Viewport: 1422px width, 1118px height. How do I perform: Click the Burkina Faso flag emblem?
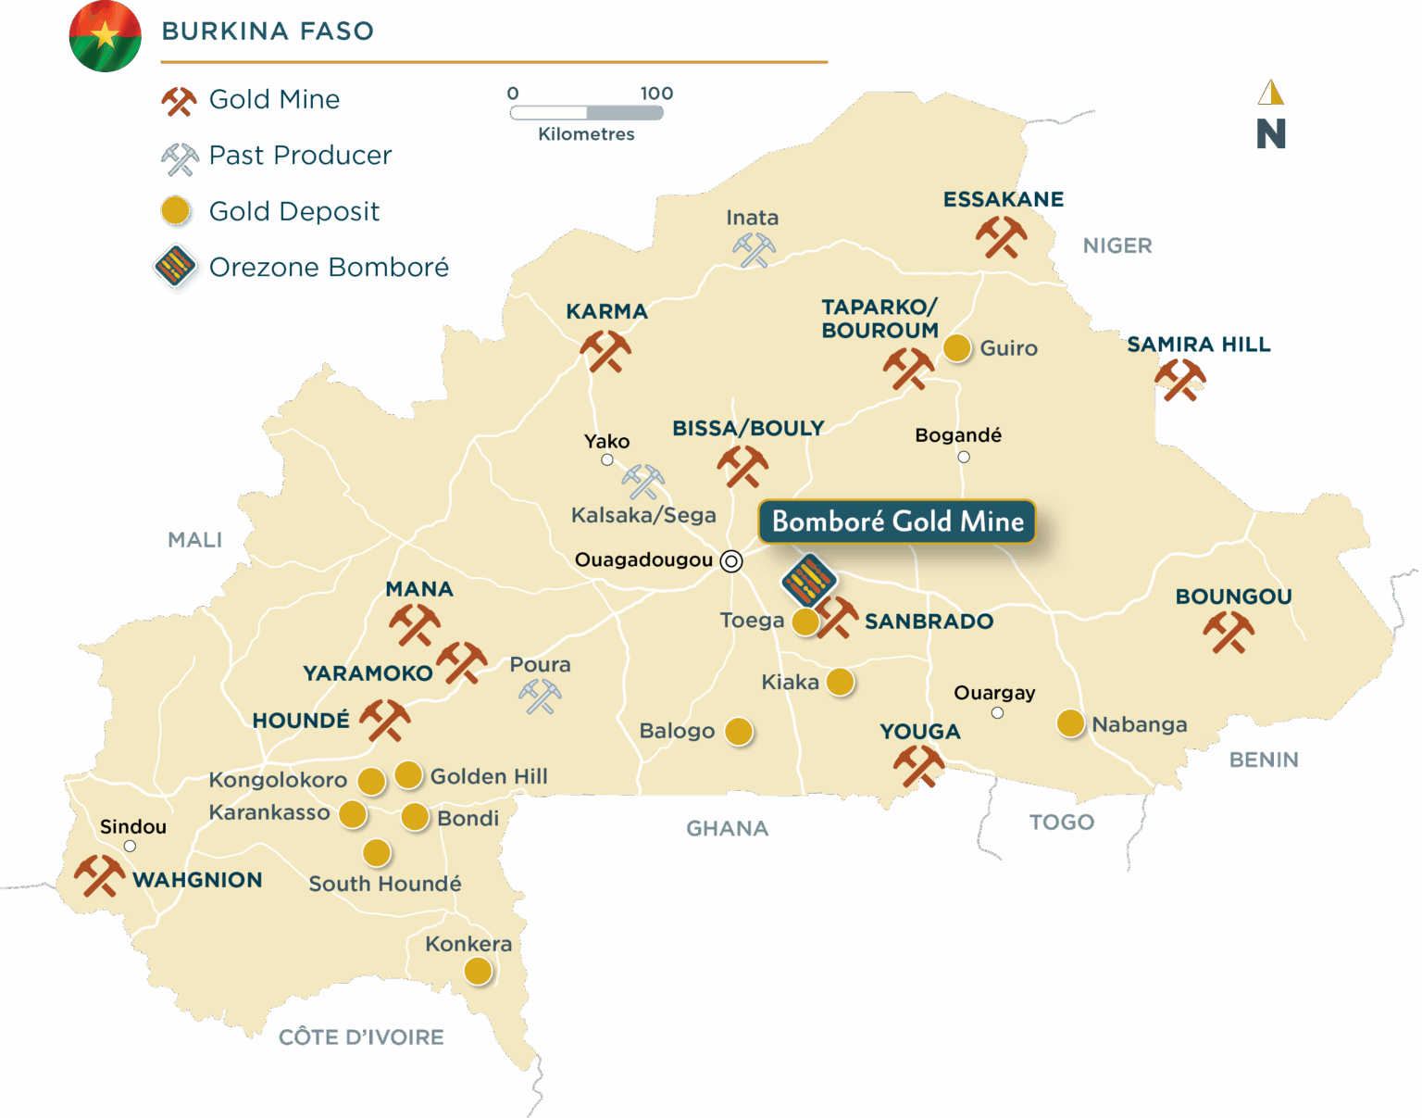tap(106, 36)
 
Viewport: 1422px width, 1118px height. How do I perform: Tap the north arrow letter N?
tap(1271, 134)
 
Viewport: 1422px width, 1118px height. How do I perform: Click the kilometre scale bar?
tap(586, 113)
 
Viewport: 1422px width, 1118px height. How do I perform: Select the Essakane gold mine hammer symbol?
tap(1001, 237)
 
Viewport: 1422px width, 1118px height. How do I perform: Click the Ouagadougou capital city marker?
tap(731, 561)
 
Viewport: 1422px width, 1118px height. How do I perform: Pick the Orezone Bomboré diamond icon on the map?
tap(809, 581)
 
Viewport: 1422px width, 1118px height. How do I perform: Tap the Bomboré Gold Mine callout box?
tap(897, 521)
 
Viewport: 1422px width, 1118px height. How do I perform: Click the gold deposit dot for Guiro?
tap(957, 348)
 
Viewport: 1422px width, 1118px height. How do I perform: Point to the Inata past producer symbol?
tap(754, 250)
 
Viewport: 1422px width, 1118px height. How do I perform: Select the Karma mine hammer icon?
tap(605, 351)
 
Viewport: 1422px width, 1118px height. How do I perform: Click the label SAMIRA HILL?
tap(1199, 345)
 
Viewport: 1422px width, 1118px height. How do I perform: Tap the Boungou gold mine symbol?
tap(1229, 633)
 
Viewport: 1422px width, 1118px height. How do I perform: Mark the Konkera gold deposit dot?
tap(478, 971)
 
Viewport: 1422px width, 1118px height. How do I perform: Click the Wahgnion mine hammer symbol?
tap(99, 875)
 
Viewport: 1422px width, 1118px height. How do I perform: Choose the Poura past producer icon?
tap(540, 697)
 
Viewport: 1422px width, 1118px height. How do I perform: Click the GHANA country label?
tap(728, 828)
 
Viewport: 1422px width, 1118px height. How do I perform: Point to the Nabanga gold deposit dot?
tap(1070, 723)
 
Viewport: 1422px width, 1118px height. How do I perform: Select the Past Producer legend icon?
tap(180, 159)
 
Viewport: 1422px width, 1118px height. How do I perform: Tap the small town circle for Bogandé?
tap(964, 457)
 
